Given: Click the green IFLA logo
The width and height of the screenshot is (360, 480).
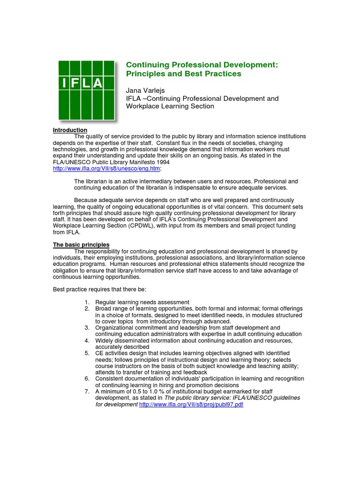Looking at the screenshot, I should point(86,90).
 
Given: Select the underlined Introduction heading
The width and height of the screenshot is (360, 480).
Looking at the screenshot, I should point(70,130).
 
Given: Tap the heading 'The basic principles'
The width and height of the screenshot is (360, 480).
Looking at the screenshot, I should point(81,245).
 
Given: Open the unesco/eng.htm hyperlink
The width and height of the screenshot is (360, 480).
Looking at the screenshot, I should point(106,168).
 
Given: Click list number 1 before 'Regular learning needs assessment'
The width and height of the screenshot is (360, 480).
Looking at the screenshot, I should point(87,302).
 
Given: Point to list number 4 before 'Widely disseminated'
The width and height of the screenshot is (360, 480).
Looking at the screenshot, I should point(87,340).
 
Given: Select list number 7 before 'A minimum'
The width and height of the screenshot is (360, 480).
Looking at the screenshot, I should point(87,391).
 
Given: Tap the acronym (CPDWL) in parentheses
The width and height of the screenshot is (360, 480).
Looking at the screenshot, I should point(140,226).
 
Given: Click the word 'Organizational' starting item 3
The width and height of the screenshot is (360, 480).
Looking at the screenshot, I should point(114,328).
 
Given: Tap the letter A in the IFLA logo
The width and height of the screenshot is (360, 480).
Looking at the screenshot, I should point(98,83).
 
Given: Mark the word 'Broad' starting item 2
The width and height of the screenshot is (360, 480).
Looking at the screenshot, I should point(103,308).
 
